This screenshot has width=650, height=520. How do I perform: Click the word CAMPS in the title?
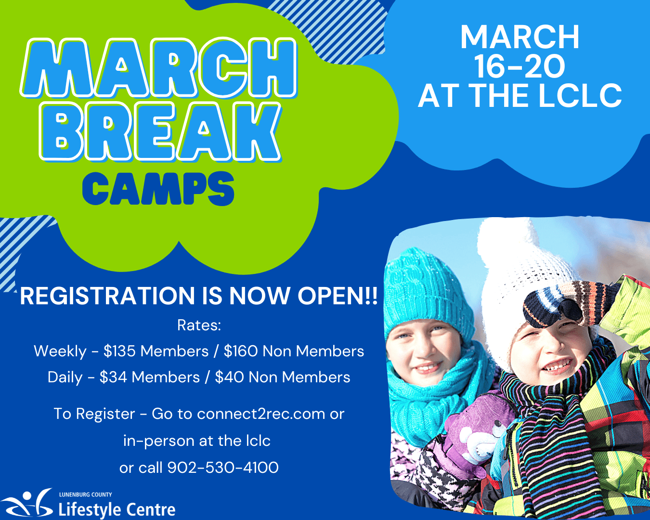[x=158, y=189]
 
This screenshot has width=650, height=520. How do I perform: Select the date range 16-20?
[x=520, y=66]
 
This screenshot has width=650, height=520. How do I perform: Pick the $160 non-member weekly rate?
[x=241, y=351]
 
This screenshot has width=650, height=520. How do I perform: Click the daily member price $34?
[x=113, y=377]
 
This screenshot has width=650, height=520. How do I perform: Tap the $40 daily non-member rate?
[x=229, y=377]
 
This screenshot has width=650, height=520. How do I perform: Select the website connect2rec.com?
[x=261, y=414]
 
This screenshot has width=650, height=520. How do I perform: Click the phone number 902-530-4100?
[x=223, y=468]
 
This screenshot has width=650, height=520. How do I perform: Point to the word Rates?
[x=199, y=325]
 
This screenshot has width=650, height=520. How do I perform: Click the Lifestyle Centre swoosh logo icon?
[x=26, y=503]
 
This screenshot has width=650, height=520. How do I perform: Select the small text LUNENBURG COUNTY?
[x=86, y=494]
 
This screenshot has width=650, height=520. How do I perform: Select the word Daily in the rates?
[x=65, y=377]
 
